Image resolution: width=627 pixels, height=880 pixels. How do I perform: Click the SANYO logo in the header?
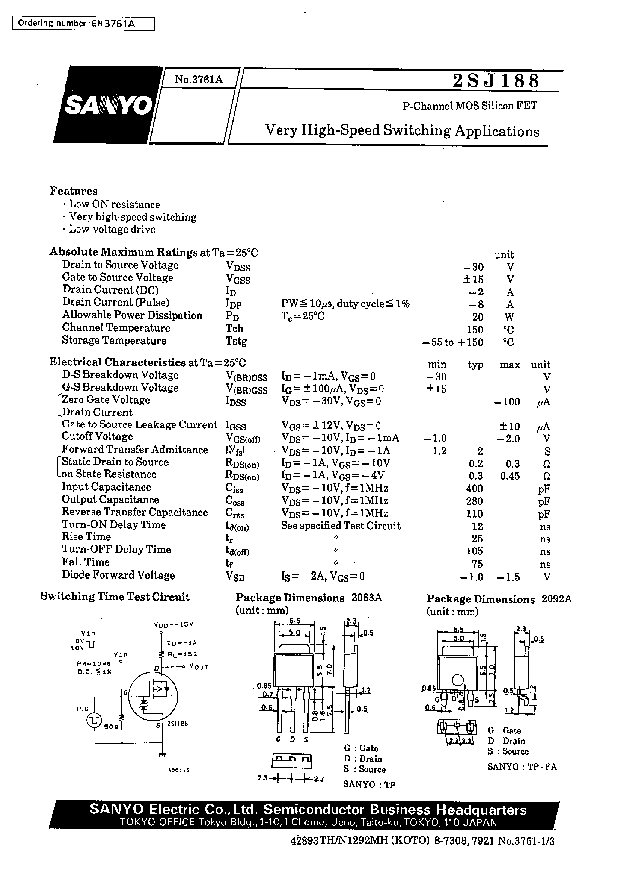click(x=109, y=105)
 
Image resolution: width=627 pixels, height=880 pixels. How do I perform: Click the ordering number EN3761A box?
click(x=83, y=24)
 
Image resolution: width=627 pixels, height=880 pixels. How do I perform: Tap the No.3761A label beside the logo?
click(x=198, y=80)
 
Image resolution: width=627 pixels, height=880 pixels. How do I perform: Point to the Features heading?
click(x=73, y=191)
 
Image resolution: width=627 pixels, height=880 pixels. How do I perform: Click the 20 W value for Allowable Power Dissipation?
click(x=477, y=317)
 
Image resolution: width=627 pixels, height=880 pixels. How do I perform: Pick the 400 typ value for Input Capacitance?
click(x=474, y=489)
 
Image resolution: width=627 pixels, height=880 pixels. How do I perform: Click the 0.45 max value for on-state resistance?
click(x=510, y=476)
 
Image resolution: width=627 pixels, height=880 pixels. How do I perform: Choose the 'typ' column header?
click(x=475, y=365)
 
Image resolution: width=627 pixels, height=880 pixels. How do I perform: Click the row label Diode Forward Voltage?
click(x=118, y=575)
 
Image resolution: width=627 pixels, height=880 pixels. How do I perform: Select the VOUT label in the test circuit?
click(x=199, y=667)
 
